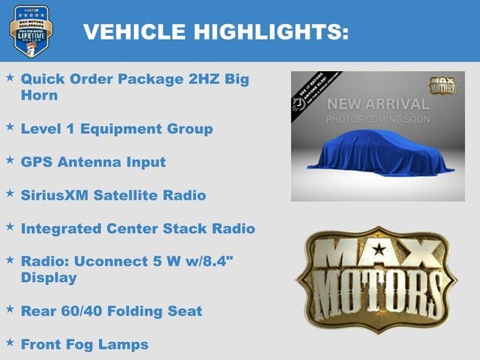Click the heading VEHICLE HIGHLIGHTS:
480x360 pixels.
pos(215,31)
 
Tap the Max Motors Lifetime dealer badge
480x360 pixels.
pos(31,31)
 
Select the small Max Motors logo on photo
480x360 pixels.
pos(442,85)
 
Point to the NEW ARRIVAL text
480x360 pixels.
pos(377,103)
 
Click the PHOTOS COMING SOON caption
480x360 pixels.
pos(377,119)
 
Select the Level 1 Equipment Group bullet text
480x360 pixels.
pos(116,129)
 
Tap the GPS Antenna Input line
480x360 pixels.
pos(93,162)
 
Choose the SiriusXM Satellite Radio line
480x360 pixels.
pos(113,195)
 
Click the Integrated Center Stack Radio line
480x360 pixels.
pos(138,228)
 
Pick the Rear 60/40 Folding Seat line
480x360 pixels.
pos(111,310)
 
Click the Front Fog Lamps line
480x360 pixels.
pos(84,344)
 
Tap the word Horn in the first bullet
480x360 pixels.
pos(39,95)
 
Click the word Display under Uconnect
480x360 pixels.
pos(49,277)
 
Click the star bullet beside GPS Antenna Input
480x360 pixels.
pos(10,160)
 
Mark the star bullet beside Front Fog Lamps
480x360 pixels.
pos(10,343)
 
